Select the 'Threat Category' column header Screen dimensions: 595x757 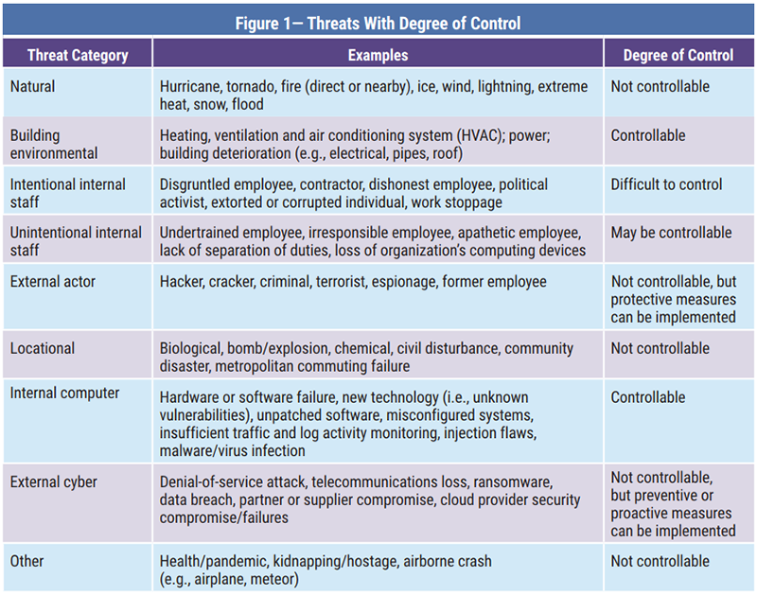tap(78, 56)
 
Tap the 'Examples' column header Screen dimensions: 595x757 tap(378, 56)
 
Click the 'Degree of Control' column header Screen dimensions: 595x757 tap(678, 56)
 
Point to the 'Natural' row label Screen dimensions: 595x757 tap(33, 86)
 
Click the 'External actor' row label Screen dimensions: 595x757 tap(54, 281)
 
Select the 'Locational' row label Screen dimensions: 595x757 tap(43, 348)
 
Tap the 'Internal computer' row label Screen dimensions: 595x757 tap(65, 397)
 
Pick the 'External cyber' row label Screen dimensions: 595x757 tap(53, 482)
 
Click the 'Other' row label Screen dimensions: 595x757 tap(28, 561)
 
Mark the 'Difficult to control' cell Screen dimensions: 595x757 tap(666, 184)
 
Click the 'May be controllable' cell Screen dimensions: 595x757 tap(671, 233)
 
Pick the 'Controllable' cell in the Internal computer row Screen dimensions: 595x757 tap(648, 397)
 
